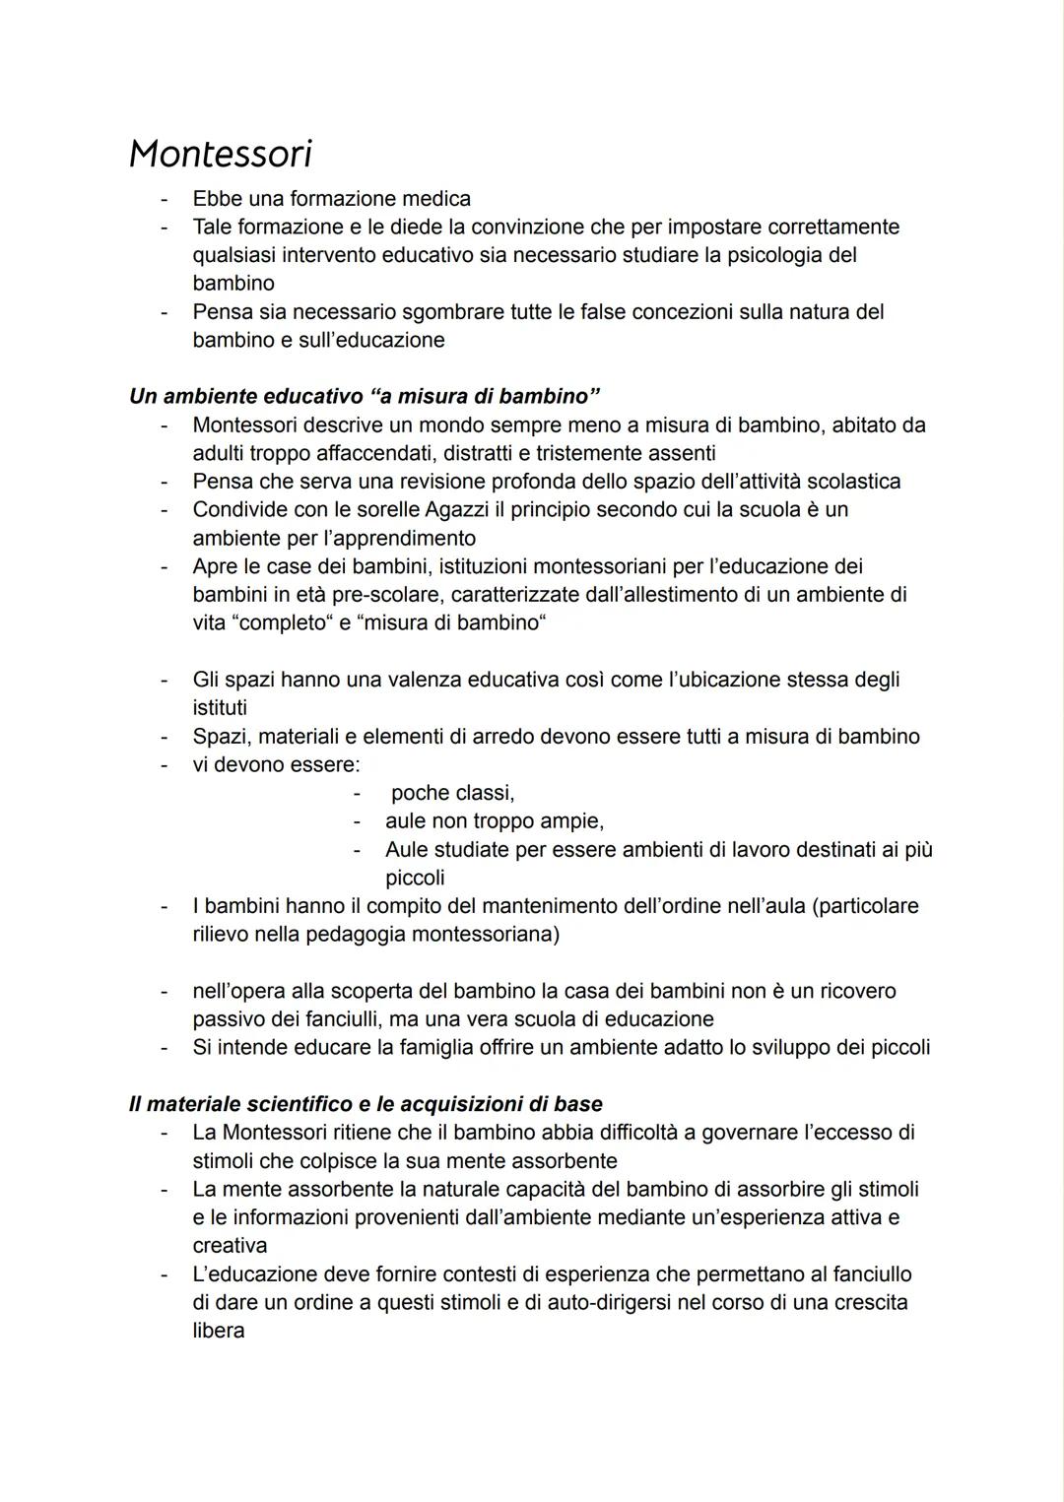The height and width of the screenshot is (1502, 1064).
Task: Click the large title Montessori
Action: tap(221, 154)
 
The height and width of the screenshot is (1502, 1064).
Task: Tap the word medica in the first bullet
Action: tap(435, 199)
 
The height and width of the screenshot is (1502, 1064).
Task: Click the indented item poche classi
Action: tap(452, 793)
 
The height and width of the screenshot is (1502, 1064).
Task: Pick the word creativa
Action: tap(230, 1246)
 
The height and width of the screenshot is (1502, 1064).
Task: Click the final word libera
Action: tap(218, 1332)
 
